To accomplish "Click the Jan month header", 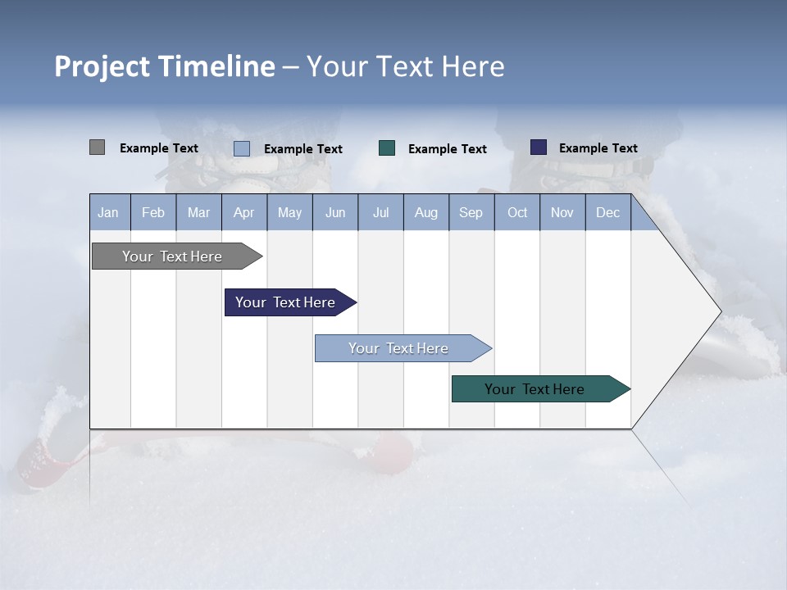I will pos(109,213).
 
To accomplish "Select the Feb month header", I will pos(153,213).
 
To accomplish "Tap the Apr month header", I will pos(244,213).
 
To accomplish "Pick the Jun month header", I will pos(335,213).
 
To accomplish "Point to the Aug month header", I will pos(426,213).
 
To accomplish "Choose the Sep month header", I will pos(471,213).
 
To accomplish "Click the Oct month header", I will pos(517,213).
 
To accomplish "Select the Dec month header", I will pos(608,213).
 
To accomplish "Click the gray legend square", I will pos(97,147).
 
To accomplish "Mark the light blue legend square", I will pos(241,148).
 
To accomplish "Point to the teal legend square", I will pos(387,148).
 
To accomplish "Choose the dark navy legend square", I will pos(538,147).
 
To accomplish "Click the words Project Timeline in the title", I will pos(164,66).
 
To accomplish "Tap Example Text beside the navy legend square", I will pos(598,148).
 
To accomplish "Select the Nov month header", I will pos(562,213).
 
